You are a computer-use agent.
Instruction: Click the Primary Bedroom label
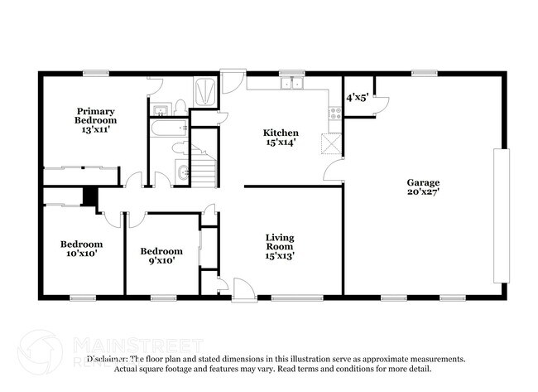pos(95,120)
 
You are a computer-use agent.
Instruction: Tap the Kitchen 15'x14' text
pos(281,138)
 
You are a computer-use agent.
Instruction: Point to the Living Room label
pos(280,247)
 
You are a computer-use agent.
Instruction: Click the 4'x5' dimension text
pos(358,97)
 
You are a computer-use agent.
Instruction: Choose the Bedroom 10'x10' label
pos(81,249)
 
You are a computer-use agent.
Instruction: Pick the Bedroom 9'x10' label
pos(161,256)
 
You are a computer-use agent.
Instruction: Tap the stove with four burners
pos(336,110)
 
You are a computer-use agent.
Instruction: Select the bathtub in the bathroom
pos(169,129)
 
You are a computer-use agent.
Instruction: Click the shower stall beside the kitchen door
pos(204,90)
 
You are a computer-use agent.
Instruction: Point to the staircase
pos(203,165)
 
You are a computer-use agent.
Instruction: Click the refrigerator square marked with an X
pos(332,144)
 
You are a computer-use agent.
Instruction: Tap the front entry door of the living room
pos(243,289)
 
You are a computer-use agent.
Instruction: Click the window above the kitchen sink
pos(291,74)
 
